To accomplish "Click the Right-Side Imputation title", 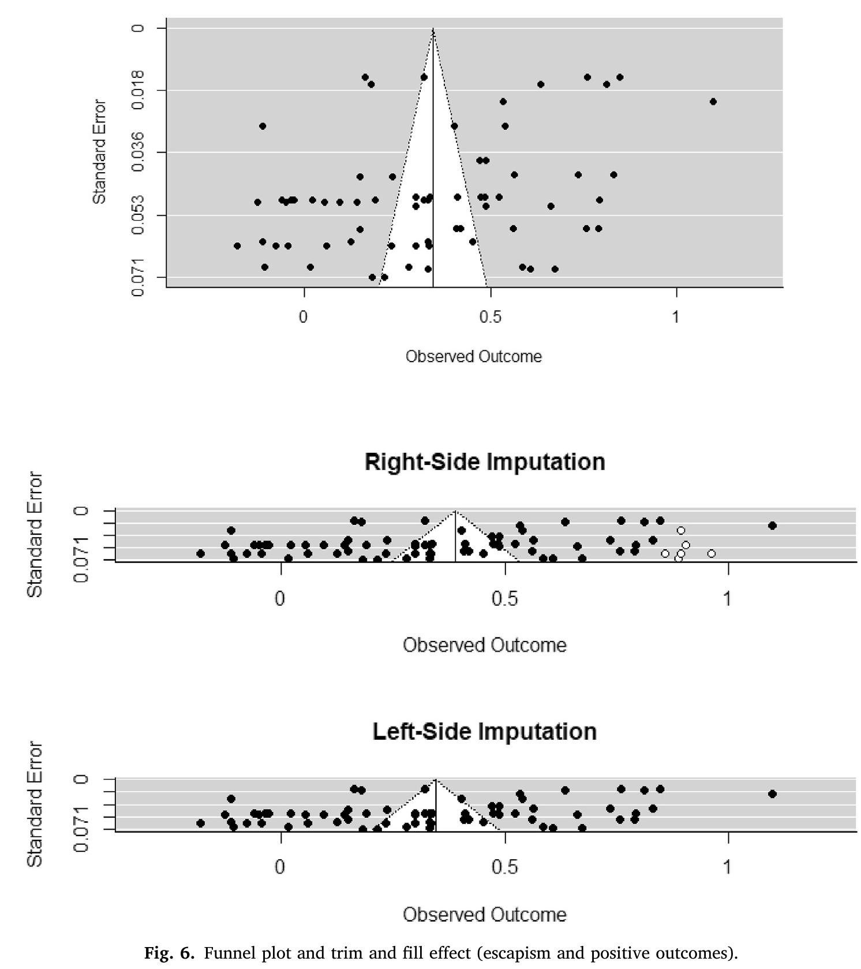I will (x=485, y=463).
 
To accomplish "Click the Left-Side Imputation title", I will (x=485, y=732).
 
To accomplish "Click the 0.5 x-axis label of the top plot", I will (x=490, y=317).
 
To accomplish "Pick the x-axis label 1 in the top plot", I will (x=676, y=317).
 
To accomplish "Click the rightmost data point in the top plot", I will (x=713, y=102).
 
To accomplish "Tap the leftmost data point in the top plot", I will (x=237, y=245).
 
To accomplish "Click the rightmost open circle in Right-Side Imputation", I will (x=712, y=553).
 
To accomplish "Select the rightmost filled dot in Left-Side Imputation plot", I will (x=772, y=793).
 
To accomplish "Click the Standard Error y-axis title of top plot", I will (x=100, y=152).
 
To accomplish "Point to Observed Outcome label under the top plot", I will (x=473, y=356).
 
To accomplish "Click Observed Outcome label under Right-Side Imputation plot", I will (x=485, y=645).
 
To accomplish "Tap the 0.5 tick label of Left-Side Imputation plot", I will (x=504, y=867).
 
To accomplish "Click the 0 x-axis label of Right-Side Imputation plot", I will (x=280, y=599).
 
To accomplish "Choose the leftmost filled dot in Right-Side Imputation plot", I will (x=200, y=553).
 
